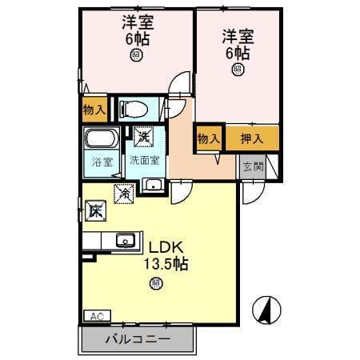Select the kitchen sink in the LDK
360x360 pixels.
pos(125,240)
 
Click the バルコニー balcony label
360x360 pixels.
pos(137,339)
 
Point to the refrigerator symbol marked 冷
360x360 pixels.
pos(125,192)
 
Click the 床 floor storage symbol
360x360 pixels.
pos(96,211)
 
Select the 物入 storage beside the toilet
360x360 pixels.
pos(94,108)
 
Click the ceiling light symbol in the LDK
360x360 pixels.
pos(156,282)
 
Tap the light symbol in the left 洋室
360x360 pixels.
pos(137,54)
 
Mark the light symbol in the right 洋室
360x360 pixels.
pos(238,69)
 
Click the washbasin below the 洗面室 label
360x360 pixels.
pos(153,187)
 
